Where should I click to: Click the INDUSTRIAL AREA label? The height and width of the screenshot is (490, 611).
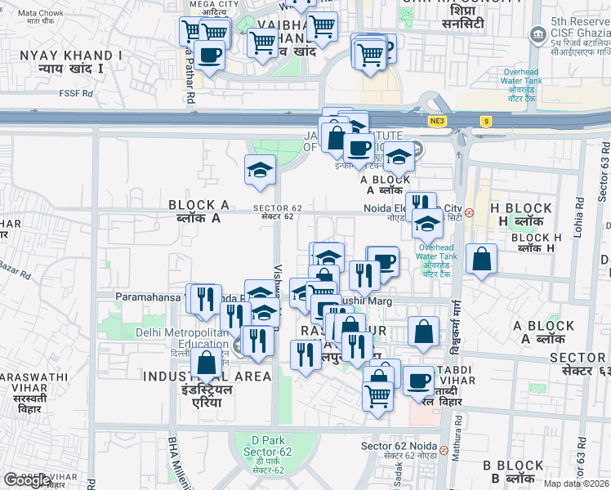[207, 376]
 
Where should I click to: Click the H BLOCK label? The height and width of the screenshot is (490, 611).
[522, 208]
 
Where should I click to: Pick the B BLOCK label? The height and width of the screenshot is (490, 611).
[512, 465]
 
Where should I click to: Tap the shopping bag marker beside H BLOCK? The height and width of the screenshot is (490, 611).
[482, 259]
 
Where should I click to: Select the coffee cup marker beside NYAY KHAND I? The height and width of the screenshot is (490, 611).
[210, 55]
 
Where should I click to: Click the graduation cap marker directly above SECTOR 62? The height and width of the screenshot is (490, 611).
[261, 170]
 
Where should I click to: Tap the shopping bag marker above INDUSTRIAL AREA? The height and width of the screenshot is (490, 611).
[207, 363]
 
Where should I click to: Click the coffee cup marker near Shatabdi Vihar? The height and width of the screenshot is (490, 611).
[420, 380]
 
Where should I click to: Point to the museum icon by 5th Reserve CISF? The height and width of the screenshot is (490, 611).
[538, 34]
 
